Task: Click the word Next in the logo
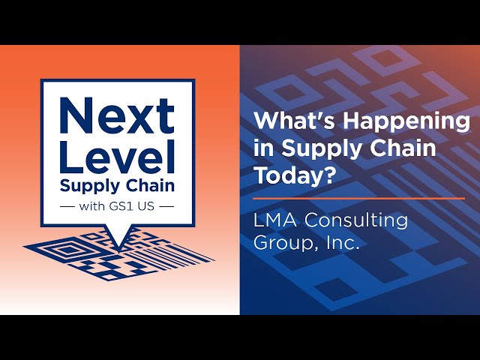click(x=117, y=115)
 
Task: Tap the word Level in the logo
click(x=117, y=157)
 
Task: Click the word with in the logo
click(x=91, y=206)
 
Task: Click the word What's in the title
click(x=295, y=121)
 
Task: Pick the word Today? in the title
click(x=294, y=175)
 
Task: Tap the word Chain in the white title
click(x=400, y=148)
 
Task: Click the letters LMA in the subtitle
click(x=275, y=220)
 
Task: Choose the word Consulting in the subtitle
click(x=356, y=220)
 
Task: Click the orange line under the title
click(x=358, y=199)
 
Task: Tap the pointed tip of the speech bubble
click(x=118, y=249)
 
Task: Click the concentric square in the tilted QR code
click(x=70, y=249)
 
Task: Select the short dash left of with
click(x=67, y=207)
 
